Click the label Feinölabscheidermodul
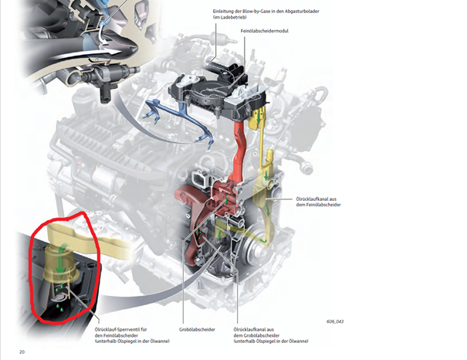[265, 31]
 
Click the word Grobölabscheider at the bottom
[197, 330]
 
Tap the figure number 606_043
[335, 321]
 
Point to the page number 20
[22, 352]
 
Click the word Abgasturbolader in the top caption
[302, 12]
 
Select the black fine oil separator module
[218, 90]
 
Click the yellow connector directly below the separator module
[257, 119]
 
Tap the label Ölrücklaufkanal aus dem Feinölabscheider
[318, 202]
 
